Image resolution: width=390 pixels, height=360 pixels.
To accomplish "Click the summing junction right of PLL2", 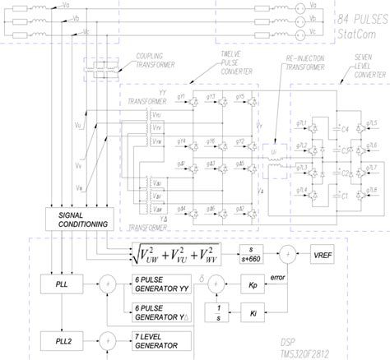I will (x=104, y=337).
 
